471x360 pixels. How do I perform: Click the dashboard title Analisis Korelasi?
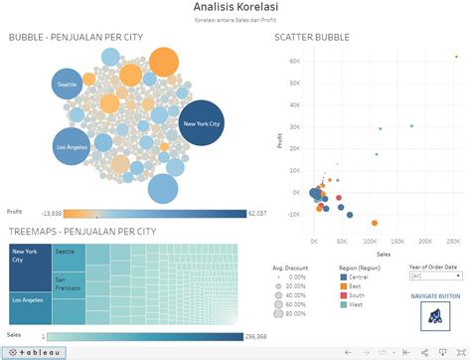[x=235, y=8]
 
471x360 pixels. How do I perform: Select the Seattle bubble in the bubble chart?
[x=68, y=86]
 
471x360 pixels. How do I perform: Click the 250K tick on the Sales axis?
[x=454, y=241]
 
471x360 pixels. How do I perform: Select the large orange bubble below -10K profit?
[x=376, y=224]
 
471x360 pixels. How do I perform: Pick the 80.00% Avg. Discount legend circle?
[x=282, y=313]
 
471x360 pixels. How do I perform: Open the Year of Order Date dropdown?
[x=434, y=277]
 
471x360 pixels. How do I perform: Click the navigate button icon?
[x=435, y=315]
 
